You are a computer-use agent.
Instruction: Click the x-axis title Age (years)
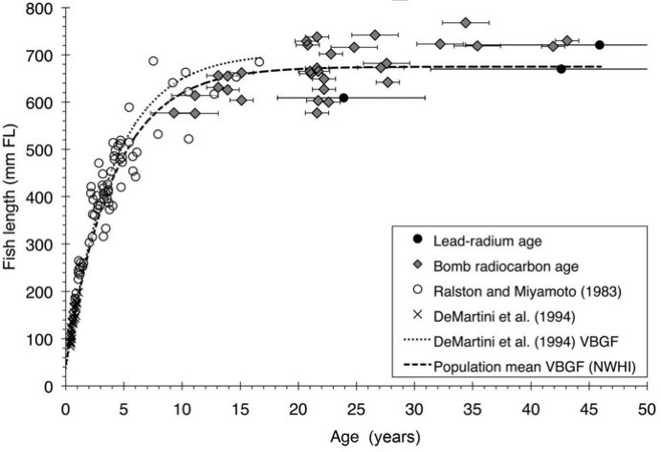click(353, 436)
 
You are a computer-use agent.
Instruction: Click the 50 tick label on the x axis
click(647, 406)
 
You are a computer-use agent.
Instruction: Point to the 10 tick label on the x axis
click(182, 406)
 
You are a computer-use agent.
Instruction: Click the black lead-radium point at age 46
click(600, 45)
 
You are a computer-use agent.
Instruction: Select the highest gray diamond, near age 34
click(466, 22)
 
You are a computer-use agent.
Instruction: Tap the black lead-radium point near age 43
click(562, 69)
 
